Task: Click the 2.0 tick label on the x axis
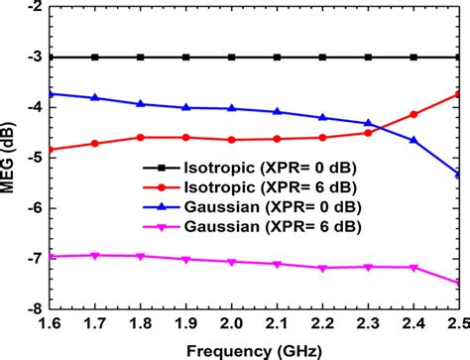pos(231,324)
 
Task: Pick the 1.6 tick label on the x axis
pos(50,324)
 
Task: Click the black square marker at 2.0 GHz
pos(231,57)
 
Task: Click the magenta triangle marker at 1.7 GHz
pos(95,256)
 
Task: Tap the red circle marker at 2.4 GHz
pos(412,114)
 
